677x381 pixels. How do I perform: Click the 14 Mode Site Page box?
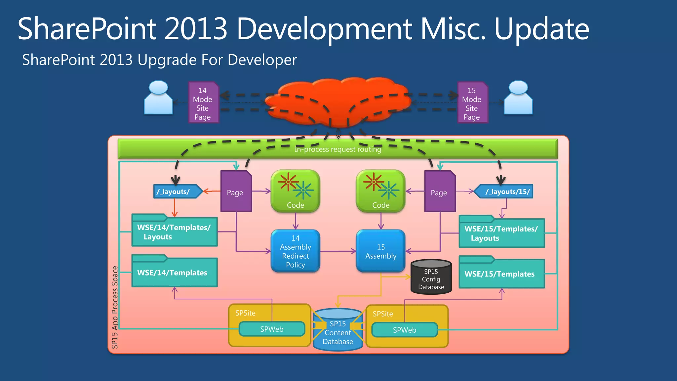[x=203, y=103]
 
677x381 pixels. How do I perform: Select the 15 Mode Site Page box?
[x=472, y=103]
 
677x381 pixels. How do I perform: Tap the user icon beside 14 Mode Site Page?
[x=158, y=98]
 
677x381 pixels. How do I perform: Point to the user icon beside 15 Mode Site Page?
[x=518, y=98]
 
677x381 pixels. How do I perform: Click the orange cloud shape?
[x=340, y=99]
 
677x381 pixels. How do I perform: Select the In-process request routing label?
[x=338, y=149]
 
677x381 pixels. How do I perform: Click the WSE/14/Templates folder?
[x=174, y=272]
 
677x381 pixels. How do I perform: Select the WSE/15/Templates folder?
[x=501, y=274]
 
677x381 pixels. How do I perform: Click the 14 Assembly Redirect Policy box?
[x=296, y=251]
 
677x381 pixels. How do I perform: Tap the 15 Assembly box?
[x=381, y=251]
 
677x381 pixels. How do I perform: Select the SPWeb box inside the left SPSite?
[x=272, y=329]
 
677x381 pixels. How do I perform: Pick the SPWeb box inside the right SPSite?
[x=405, y=330]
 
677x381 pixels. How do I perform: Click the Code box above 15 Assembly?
[x=381, y=191]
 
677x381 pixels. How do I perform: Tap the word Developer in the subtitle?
[x=262, y=60]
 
